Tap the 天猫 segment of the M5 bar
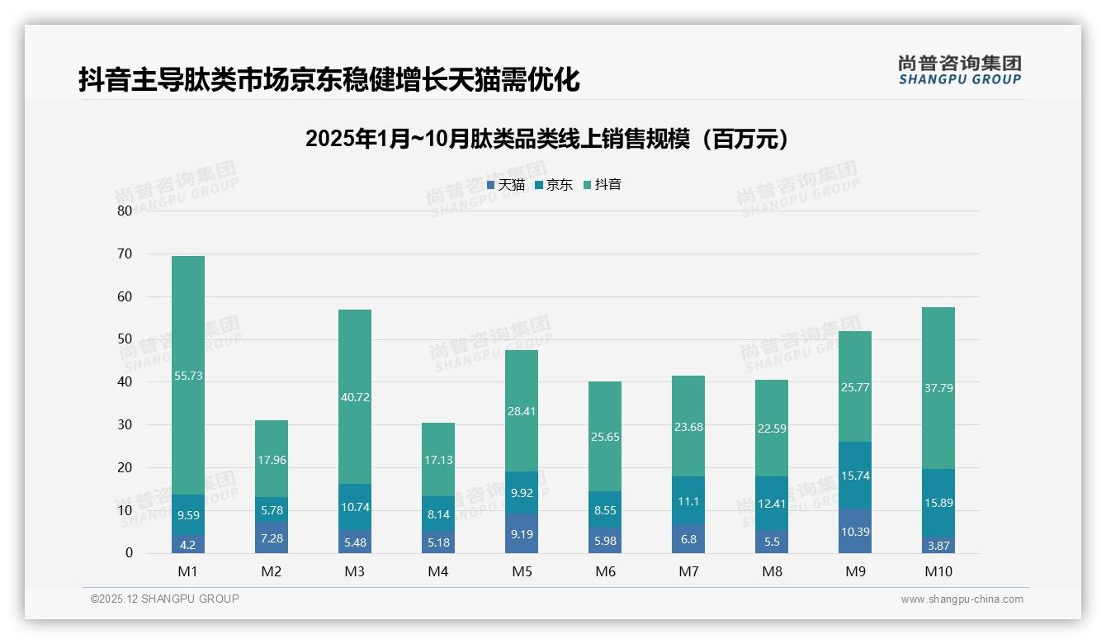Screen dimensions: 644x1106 point(522,533)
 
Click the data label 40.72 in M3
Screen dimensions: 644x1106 point(355,397)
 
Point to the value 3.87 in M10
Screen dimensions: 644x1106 point(938,546)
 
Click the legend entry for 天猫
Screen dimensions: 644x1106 point(506,185)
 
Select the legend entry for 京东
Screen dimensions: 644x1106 point(554,185)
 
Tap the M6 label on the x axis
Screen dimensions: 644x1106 point(605,571)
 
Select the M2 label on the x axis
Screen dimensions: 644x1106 point(272,571)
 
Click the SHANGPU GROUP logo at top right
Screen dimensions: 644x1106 point(959,70)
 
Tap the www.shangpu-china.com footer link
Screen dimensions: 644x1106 point(962,599)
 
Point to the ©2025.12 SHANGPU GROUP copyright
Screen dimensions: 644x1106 point(165,599)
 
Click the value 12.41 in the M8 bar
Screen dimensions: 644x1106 point(772,504)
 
